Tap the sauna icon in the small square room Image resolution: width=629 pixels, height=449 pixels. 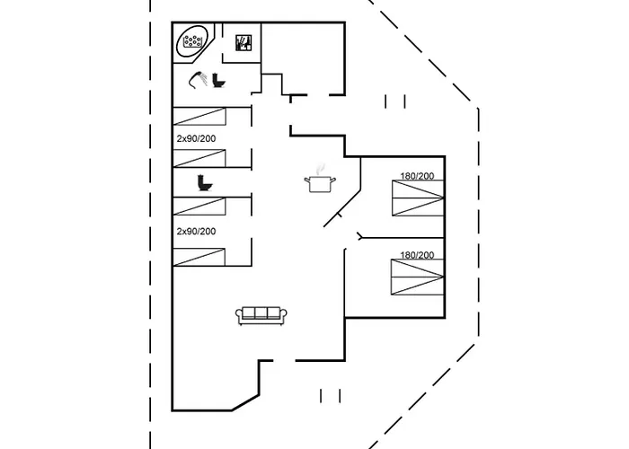(x=243, y=43)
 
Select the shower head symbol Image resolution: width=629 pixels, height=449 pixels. (x=198, y=79)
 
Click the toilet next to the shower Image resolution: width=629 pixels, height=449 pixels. (x=218, y=80)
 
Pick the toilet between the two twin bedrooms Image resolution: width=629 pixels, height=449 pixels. (x=204, y=183)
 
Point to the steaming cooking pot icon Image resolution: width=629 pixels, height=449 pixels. (x=319, y=183)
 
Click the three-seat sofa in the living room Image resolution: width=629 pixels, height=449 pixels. (x=261, y=315)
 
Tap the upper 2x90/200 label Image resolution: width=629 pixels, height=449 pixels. (x=196, y=138)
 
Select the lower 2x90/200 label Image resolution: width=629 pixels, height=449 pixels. (x=196, y=231)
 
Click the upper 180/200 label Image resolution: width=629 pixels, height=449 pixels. (x=417, y=176)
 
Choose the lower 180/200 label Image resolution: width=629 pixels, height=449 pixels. (x=417, y=256)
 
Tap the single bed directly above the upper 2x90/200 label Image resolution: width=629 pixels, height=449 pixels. (x=199, y=116)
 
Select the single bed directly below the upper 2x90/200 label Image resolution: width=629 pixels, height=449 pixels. (x=199, y=158)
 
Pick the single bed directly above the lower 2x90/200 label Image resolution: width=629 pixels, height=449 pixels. (x=199, y=207)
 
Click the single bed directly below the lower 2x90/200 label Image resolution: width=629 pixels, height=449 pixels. (x=199, y=255)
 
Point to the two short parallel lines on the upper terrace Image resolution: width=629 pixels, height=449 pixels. (x=395, y=101)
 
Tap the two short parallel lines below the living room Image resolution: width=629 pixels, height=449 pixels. (x=330, y=395)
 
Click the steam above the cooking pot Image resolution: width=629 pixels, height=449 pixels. (x=319, y=167)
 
